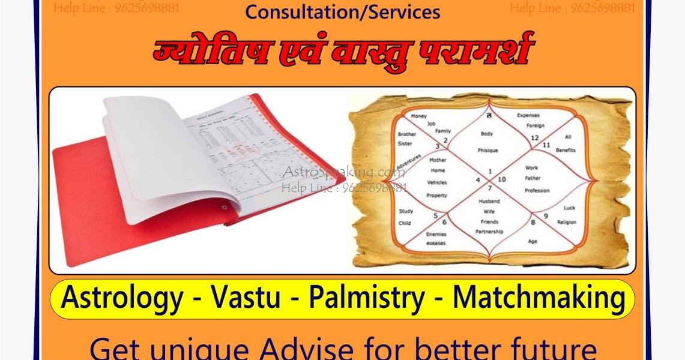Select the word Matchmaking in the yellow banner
538,298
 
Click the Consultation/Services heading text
342,11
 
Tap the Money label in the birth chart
418,115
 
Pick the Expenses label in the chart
528,115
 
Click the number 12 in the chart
534,138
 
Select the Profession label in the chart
537,191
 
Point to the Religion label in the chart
566,223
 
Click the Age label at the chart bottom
533,242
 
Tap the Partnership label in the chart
489,231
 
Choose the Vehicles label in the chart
436,182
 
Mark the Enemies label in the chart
436,235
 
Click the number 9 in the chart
546,216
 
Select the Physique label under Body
487,150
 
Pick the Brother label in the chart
406,134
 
